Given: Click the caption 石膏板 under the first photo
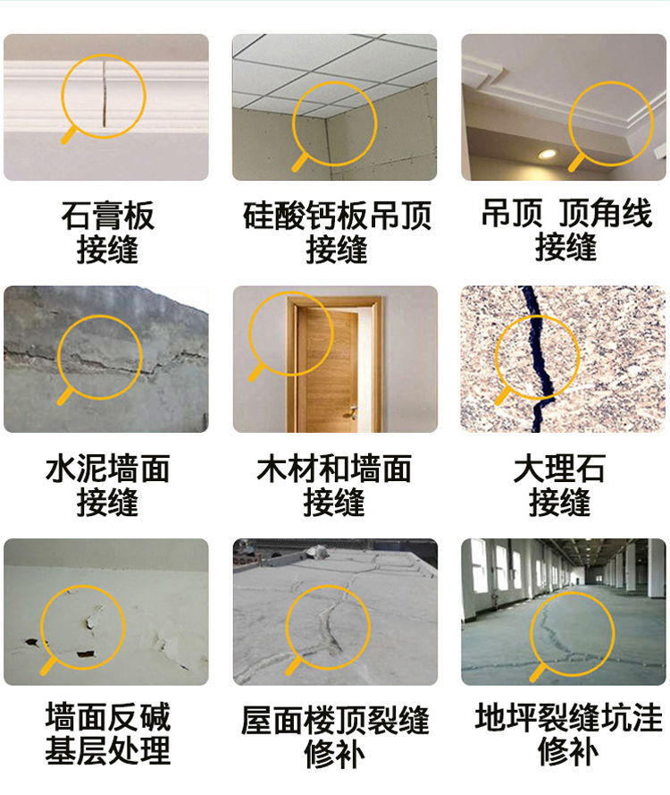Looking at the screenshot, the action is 107,216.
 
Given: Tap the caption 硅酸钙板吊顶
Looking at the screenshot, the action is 337,216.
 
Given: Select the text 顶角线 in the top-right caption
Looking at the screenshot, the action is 605,213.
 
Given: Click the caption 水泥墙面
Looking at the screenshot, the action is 107,468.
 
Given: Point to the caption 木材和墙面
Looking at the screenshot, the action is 334,468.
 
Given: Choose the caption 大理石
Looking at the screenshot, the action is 559,468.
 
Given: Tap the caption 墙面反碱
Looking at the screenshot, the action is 107,716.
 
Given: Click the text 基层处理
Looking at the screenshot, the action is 107,750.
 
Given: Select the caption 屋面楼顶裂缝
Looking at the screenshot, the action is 335,720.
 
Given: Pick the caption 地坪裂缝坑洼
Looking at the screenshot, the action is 568,717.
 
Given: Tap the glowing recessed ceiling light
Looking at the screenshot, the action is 547,154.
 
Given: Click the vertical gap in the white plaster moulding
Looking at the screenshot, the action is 105,94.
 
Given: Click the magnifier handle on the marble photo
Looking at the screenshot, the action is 502,395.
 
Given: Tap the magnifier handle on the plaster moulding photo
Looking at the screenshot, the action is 70,135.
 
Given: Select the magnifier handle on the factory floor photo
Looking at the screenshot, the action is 538,672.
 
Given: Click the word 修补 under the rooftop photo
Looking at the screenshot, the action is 335,754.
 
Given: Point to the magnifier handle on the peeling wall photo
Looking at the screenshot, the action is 48,666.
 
